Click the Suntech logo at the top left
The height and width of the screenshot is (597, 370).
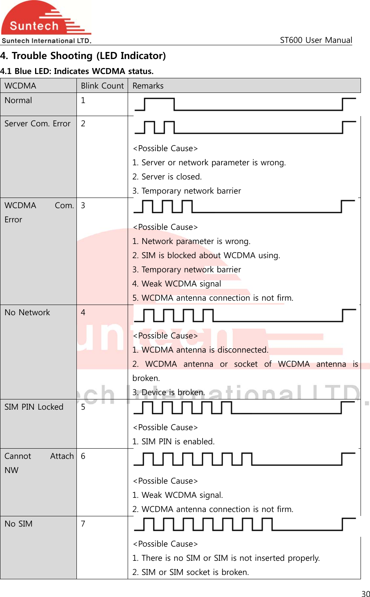[46, 22]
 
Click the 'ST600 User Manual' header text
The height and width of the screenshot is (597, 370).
[316, 40]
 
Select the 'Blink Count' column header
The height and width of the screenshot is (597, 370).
[102, 86]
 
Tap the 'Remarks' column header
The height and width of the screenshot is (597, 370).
[148, 86]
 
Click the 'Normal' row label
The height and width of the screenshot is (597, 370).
[19, 100]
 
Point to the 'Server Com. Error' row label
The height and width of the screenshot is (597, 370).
[37, 124]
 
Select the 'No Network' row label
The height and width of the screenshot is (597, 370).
[27, 312]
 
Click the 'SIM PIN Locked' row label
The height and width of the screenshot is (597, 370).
[34, 407]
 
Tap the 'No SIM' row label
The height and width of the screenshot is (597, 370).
[19, 524]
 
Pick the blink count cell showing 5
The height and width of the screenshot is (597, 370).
[83, 407]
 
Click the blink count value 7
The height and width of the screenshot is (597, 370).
[83, 524]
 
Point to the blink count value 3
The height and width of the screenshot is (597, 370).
[83, 205]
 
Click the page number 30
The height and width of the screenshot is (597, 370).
[366, 594]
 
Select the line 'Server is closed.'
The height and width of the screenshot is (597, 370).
[167, 177]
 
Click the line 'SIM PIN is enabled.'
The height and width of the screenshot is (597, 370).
[173, 442]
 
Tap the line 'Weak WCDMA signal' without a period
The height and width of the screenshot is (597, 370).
[177, 284]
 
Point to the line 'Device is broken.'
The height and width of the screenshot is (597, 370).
[169, 392]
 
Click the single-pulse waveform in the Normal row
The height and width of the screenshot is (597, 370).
[244, 104]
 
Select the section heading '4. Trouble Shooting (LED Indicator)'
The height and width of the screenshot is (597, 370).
[83, 56]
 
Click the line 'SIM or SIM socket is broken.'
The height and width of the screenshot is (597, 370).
[191, 572]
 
